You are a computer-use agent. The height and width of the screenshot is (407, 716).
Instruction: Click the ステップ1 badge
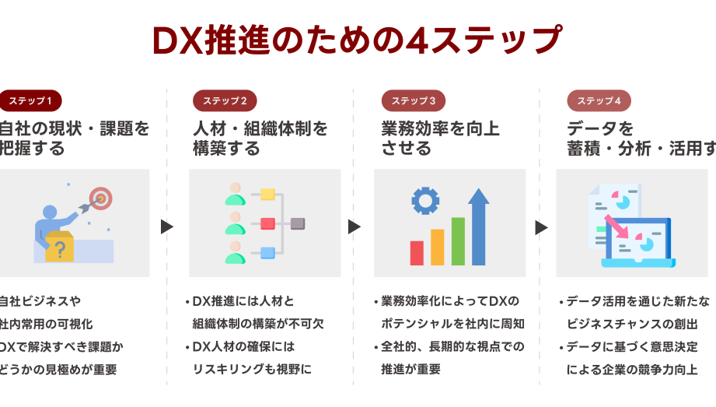click(30, 101)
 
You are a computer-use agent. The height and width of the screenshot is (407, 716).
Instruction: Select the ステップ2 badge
click(225, 101)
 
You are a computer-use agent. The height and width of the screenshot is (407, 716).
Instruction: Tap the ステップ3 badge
click(413, 101)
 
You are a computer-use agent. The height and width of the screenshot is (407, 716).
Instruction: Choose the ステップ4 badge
click(599, 101)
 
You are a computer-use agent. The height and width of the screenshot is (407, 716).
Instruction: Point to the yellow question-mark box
click(59, 247)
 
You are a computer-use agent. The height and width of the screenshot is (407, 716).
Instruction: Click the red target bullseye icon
click(100, 198)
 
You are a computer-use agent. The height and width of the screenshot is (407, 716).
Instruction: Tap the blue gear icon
click(424, 201)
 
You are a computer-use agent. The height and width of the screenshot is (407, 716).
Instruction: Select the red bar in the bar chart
click(417, 253)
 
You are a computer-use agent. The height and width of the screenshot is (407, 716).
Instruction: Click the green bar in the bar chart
click(458, 240)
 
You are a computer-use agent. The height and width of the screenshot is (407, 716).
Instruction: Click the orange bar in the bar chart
click(437, 247)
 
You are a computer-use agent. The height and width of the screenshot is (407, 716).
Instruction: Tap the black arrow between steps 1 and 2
click(166, 226)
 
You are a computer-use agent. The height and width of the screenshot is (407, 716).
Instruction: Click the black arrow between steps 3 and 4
click(541, 226)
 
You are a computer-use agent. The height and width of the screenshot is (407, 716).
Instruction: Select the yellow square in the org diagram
click(267, 195)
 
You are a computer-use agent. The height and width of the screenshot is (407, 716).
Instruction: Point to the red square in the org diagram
click(267, 223)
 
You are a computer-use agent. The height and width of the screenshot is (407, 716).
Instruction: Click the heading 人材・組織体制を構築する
click(260, 138)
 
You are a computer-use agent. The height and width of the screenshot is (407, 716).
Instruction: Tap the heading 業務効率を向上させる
click(440, 138)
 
